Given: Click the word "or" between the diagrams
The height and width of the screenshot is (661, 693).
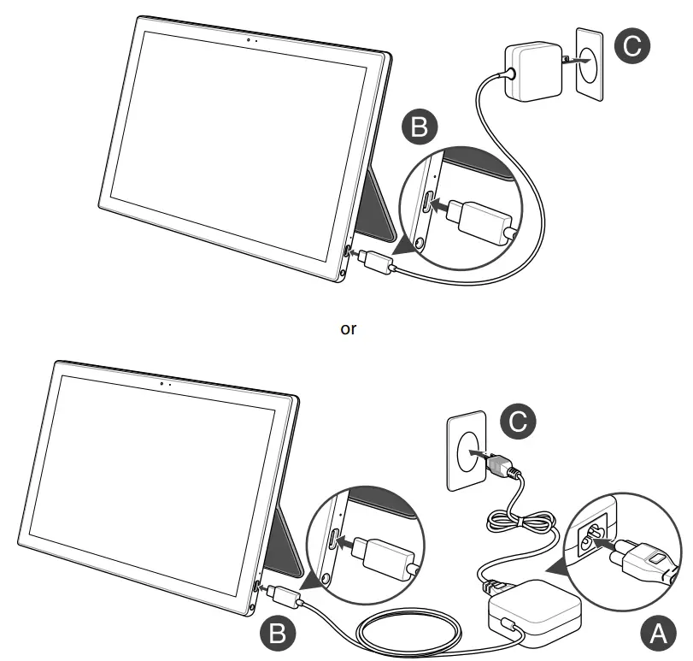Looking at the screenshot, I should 348,328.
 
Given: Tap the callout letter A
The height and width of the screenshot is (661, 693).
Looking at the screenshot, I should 655,634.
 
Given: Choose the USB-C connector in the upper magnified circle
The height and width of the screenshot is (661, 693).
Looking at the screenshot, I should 484,214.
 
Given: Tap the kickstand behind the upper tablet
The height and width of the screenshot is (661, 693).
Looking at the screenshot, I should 379,205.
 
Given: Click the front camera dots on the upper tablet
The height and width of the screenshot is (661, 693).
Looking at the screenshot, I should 250,39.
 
